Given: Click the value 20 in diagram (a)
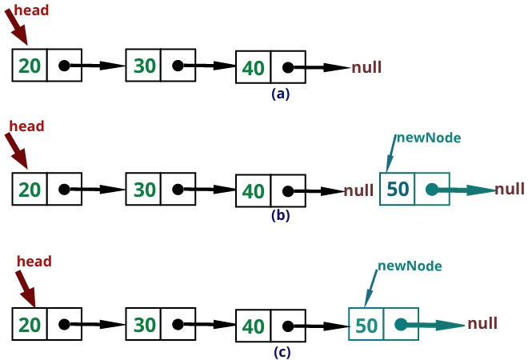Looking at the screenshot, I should click(x=30, y=65).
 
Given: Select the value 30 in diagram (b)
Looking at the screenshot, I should click(x=144, y=190).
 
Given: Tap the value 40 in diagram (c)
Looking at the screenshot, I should click(x=254, y=326).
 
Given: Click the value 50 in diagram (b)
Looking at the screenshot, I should click(x=398, y=190).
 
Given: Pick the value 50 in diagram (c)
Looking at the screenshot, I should click(x=366, y=325).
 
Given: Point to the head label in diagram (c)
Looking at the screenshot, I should click(x=34, y=262).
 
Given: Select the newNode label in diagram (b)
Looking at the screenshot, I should click(x=427, y=137).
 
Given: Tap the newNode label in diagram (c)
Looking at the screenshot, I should click(x=410, y=265).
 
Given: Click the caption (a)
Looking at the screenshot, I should click(x=280, y=94).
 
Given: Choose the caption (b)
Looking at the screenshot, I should click(x=280, y=214).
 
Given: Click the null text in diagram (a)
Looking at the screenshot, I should click(x=366, y=68).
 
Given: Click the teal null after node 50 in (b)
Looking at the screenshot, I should click(x=510, y=190).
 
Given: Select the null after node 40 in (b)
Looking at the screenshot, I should click(x=358, y=191).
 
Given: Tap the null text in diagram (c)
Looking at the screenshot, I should click(x=482, y=324).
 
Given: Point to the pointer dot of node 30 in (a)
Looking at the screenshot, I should click(x=178, y=66).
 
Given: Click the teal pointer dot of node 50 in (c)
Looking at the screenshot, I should click(x=400, y=326).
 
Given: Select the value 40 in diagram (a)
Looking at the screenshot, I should click(x=254, y=69).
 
